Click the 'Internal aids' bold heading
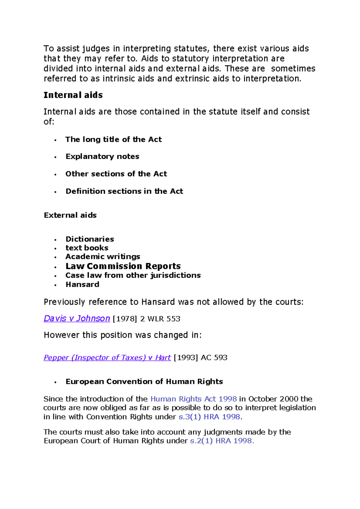coord(73,95)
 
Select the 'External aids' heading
coord(70,215)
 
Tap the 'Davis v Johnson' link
coord(77,318)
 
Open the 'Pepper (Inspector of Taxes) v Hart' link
coord(107,358)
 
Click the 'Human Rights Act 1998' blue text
coord(193,399)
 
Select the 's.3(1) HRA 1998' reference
coord(209,417)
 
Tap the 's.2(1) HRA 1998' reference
coord(222,441)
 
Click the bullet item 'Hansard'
coord(82,284)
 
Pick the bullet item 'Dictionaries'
coord(90,239)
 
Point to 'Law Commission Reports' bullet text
coord(123,266)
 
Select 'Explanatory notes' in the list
coord(102,156)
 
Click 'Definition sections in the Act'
coord(124,191)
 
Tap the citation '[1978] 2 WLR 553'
coord(146,319)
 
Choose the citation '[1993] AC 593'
coord(200,358)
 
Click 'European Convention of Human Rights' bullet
coord(144,382)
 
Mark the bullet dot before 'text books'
coord(55,249)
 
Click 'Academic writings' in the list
coord(103,257)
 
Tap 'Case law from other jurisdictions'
coord(133,275)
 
